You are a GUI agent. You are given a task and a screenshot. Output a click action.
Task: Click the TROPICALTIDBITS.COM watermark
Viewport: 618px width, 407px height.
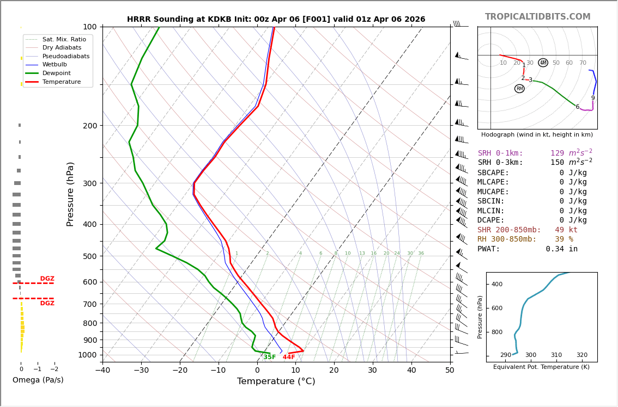[x=537, y=17]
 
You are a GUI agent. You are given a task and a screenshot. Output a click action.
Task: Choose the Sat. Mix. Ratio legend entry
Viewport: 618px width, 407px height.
[x=64, y=39]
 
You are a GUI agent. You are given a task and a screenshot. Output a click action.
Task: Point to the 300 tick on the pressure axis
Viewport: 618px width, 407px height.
[x=90, y=183]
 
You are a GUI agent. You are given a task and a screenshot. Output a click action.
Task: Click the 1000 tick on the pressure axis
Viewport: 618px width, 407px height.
[x=88, y=355]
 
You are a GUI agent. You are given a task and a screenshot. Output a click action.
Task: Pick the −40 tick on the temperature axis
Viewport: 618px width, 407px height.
[x=102, y=371]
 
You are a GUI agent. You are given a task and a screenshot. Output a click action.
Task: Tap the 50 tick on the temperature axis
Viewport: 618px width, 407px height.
[x=450, y=371]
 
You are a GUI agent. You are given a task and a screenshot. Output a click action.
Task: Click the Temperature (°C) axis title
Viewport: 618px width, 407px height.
[x=276, y=381]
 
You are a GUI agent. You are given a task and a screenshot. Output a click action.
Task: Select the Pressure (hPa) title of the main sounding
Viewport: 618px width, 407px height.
[x=70, y=194]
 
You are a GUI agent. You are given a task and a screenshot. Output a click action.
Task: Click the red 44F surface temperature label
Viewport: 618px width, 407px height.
[x=288, y=357]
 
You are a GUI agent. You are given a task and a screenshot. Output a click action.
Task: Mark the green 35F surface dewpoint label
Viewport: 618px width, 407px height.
[x=269, y=357]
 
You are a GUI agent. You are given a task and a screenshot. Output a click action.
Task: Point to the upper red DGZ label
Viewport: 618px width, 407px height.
[x=47, y=279]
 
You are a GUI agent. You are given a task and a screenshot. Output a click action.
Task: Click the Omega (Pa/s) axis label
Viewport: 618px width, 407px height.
[x=38, y=380]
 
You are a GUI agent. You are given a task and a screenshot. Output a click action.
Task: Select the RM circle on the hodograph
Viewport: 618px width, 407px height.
[x=519, y=89]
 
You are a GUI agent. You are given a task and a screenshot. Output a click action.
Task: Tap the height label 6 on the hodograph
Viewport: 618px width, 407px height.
[x=577, y=107]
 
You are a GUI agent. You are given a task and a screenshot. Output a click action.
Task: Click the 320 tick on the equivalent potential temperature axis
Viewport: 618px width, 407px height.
[x=582, y=355]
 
